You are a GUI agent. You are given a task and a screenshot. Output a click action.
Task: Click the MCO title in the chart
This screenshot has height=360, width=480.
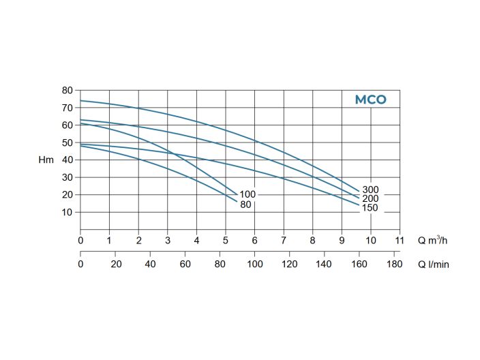tap(370, 100)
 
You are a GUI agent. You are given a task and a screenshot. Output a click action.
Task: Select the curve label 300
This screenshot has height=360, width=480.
tap(370, 190)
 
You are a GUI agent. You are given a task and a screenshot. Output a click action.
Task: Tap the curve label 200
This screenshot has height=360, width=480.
tap(370, 198)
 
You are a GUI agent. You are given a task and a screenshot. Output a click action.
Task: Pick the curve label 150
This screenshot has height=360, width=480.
tap(370, 207)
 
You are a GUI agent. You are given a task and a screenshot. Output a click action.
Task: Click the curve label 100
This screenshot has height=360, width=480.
tap(247, 194)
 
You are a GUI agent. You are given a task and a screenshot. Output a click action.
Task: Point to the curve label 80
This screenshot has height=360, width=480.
tap(245, 204)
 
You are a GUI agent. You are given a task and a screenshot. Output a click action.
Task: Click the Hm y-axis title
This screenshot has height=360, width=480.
tap(46, 160)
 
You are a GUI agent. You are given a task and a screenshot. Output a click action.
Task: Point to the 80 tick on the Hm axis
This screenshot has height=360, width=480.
tap(67, 90)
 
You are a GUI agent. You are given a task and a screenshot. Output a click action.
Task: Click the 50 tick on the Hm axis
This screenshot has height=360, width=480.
tap(67, 142)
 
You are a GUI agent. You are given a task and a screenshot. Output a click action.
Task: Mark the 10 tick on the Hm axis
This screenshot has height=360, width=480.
tap(67, 212)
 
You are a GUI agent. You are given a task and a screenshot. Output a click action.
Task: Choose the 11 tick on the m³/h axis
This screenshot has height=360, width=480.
tap(400, 240)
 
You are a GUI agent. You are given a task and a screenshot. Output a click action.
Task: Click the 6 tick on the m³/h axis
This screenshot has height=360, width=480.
tap(254, 240)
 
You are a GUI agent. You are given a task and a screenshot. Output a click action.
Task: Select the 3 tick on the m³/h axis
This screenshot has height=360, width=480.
tap(168, 240)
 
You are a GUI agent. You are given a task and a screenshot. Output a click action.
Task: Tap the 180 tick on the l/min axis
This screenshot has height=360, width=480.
tap(394, 264)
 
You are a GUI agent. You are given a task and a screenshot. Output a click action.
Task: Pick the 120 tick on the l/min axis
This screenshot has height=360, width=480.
tap(290, 264)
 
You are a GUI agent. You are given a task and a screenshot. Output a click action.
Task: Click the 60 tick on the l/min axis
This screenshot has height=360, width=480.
tap(185, 264)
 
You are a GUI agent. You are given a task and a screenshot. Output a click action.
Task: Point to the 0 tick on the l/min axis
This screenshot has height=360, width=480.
tap(80, 264)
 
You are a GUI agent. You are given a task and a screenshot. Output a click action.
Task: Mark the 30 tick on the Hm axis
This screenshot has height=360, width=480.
tap(67, 177)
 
